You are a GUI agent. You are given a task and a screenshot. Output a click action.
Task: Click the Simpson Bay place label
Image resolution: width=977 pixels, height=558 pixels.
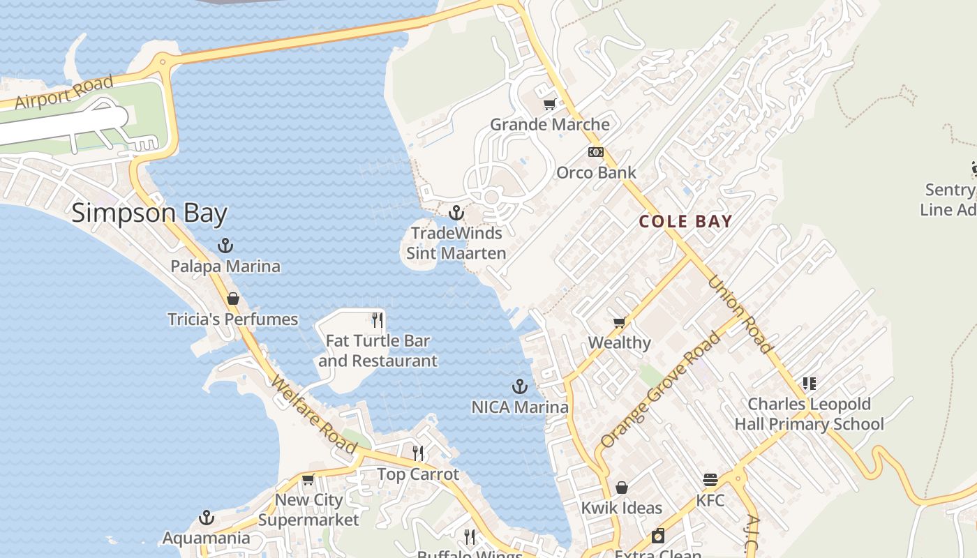tap(149, 213)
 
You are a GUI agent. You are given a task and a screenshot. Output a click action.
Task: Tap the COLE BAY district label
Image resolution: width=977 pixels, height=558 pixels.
tap(685, 222)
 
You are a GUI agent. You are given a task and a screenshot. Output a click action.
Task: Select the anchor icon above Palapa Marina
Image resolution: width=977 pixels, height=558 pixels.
tap(225, 246)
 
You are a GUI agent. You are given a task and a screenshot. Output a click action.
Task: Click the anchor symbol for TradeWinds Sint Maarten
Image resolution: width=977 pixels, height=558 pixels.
tap(456, 212)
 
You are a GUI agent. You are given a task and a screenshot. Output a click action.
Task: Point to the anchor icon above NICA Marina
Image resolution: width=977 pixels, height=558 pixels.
tap(519, 386)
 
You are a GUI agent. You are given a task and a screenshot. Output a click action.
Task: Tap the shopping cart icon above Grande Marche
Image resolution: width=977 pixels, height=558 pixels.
tap(550, 104)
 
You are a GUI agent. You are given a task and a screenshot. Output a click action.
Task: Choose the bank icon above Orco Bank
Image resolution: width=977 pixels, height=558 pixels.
tap(595, 152)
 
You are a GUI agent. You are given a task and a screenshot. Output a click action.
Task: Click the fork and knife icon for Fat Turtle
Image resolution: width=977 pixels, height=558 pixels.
tap(378, 320)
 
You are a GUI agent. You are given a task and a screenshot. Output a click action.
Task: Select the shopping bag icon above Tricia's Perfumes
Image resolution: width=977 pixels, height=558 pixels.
tap(233, 299)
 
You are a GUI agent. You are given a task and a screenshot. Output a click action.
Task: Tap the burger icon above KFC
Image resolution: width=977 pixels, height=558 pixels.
tap(710, 480)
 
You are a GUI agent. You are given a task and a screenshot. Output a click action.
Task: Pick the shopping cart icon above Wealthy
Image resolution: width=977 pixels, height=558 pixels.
tap(619, 322)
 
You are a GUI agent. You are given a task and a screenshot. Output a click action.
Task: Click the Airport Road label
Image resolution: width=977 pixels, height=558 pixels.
tap(64, 92)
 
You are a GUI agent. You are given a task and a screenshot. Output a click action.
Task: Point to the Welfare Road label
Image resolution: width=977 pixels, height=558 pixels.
tap(314, 416)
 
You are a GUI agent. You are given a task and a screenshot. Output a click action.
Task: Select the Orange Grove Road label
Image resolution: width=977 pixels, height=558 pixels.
tap(659, 391)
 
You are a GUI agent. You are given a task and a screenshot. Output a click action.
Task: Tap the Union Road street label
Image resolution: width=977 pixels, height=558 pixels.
tap(740, 314)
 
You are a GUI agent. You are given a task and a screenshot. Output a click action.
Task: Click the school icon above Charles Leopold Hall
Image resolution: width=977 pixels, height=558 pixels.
tap(810, 383)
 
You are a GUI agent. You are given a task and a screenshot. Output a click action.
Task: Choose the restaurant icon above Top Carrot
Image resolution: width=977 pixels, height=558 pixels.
tap(418, 453)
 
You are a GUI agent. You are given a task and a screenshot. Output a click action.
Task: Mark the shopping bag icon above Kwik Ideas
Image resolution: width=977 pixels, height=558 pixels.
tap(621, 488)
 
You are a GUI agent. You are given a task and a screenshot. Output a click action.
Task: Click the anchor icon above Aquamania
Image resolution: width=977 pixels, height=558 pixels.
tap(206, 518)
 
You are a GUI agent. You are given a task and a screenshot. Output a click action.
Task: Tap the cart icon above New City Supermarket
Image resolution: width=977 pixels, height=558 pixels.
tap(308, 479)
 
